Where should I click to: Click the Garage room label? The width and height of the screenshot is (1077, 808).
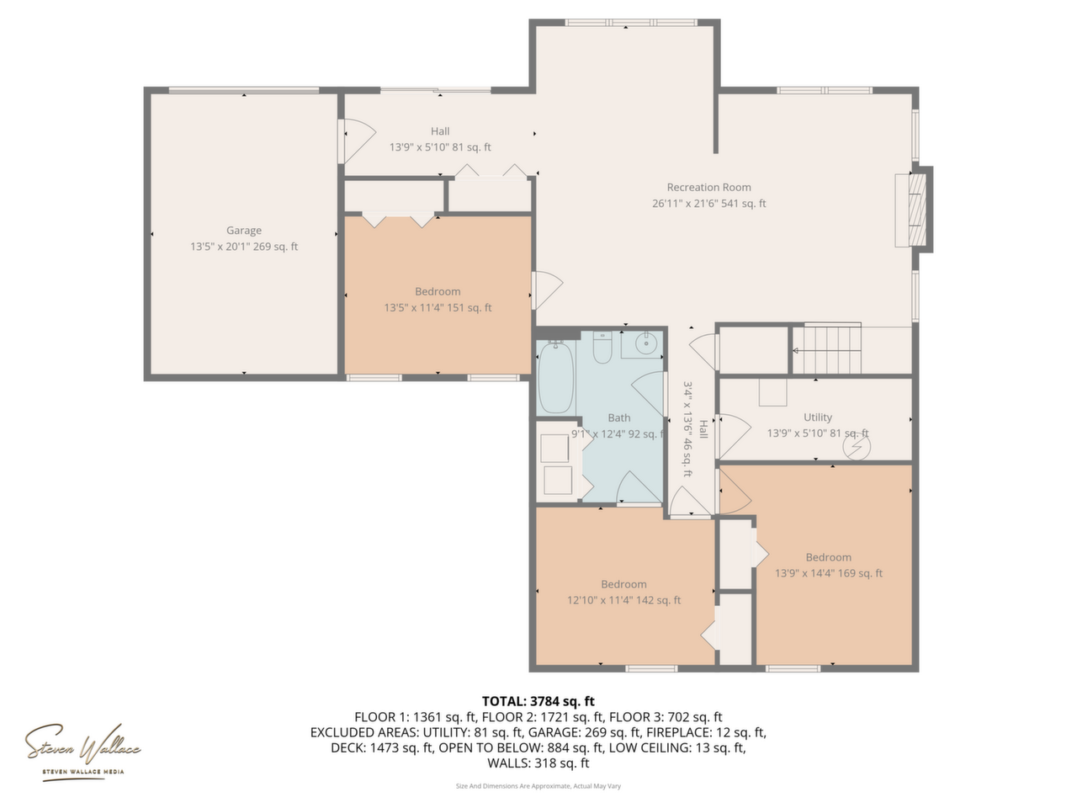point(243,230)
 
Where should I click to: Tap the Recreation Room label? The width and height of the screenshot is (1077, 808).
point(708,187)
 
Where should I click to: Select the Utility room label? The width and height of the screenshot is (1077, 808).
point(818,417)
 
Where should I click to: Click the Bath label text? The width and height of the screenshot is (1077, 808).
point(618,417)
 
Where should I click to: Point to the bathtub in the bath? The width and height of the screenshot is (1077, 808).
point(556,377)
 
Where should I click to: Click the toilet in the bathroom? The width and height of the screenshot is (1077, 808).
point(602,348)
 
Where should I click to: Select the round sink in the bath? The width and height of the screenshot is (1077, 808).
point(645,343)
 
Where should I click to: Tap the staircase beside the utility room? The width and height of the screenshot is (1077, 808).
point(827,349)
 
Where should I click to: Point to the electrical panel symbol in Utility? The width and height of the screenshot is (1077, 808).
point(857,447)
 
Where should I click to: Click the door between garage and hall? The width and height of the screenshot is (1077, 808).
point(358,141)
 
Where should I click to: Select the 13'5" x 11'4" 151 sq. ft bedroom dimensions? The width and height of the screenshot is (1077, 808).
point(438,307)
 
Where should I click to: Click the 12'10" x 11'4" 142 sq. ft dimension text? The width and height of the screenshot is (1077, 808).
point(623,600)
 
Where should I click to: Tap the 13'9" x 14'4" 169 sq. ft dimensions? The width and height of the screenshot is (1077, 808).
point(828,573)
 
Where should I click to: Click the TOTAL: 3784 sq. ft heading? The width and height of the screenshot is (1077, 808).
point(538,701)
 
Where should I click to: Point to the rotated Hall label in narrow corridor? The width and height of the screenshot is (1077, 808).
point(703,429)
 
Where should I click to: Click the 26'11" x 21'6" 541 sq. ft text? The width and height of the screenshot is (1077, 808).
point(708,203)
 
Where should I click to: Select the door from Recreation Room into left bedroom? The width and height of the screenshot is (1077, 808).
point(547,290)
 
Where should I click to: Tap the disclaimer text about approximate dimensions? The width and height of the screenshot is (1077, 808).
point(538,786)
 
